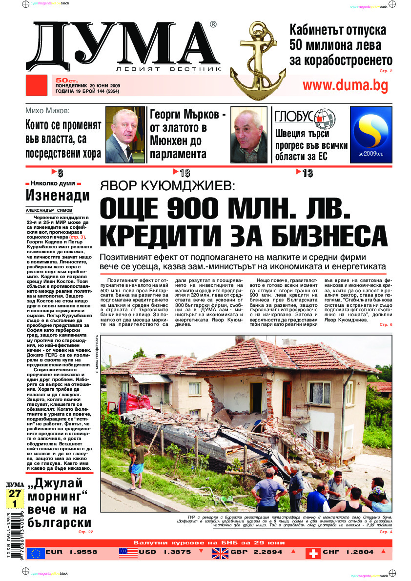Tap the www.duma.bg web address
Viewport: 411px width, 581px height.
point(345,85)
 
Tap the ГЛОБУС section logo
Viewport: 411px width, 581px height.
point(305,117)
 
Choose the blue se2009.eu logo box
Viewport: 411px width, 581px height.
point(371,134)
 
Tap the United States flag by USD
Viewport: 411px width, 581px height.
point(128,553)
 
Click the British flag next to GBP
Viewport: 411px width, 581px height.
point(221,553)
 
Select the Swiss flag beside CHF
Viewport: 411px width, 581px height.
point(313,553)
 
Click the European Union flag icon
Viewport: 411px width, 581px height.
point(35,553)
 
